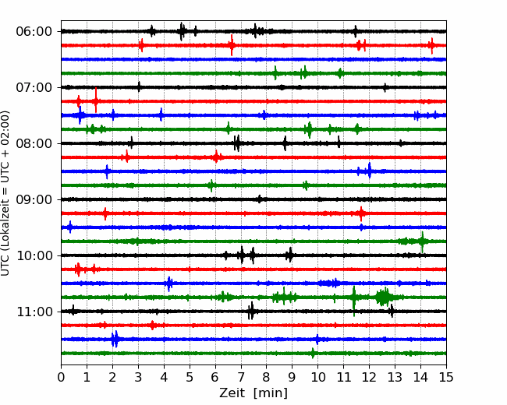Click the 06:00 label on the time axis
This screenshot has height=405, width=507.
pyautogui.click(x=34, y=32)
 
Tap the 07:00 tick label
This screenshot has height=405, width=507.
pyautogui.click(x=34, y=87)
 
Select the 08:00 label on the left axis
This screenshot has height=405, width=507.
pyautogui.click(x=34, y=143)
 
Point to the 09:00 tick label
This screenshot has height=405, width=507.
pyautogui.click(x=34, y=199)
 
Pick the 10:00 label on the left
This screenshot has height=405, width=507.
pyautogui.click(x=34, y=255)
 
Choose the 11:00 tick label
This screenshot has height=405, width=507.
pyautogui.click(x=34, y=312)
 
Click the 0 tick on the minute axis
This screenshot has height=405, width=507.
pyautogui.click(x=61, y=377)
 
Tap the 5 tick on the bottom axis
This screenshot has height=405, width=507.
pyautogui.click(x=190, y=377)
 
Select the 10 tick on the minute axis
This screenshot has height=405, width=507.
pyautogui.click(x=317, y=377)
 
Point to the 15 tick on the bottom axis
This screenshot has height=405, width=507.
pyautogui.click(x=446, y=377)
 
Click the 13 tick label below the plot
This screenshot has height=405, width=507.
pyautogui.click(x=395, y=377)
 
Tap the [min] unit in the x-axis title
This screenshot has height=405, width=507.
pyautogui.click(x=271, y=393)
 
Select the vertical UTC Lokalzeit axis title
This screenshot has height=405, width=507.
pyautogui.click(x=5, y=193)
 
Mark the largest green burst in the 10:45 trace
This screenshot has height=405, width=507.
pyautogui.click(x=384, y=297)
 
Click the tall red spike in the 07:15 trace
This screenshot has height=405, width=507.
pyautogui.click(x=96, y=100)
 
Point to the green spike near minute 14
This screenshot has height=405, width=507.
pyautogui.click(x=422, y=241)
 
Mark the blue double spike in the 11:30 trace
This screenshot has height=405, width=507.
pyautogui.click(x=115, y=339)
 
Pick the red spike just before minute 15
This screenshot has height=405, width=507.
pyautogui.click(x=431, y=45)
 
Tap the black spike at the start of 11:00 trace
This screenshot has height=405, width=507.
pyautogui.click(x=73, y=311)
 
